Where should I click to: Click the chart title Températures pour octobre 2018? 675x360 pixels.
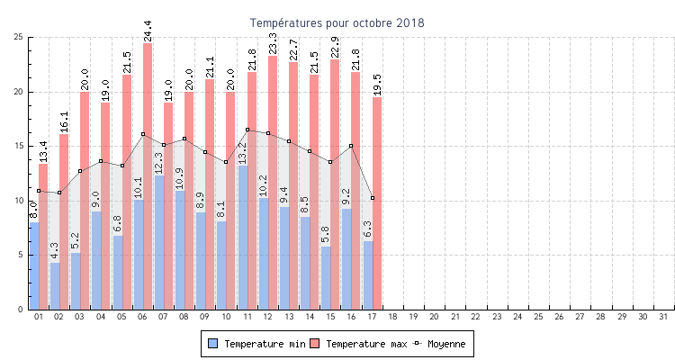coord(337,22)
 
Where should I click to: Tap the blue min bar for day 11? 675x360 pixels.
coord(243,238)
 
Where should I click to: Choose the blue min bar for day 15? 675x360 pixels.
coord(326,278)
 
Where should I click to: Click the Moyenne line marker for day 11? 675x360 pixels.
coord(247,130)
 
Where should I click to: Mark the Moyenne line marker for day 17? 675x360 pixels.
coord(373,198)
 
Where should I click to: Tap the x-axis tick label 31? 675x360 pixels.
coord(664,317)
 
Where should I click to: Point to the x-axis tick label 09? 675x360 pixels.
coord(205,317)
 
